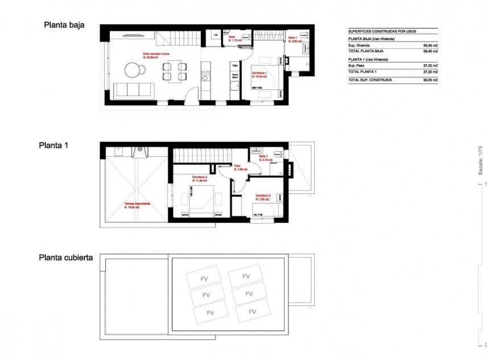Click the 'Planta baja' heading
(64, 25)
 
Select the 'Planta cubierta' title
(66, 258)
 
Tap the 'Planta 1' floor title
(53, 146)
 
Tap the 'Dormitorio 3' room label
(263, 196)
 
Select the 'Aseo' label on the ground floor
(232, 38)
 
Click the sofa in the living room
(134, 90)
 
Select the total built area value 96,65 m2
(430, 81)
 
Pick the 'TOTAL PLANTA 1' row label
(363, 72)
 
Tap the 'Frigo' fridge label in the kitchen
(234, 65)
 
